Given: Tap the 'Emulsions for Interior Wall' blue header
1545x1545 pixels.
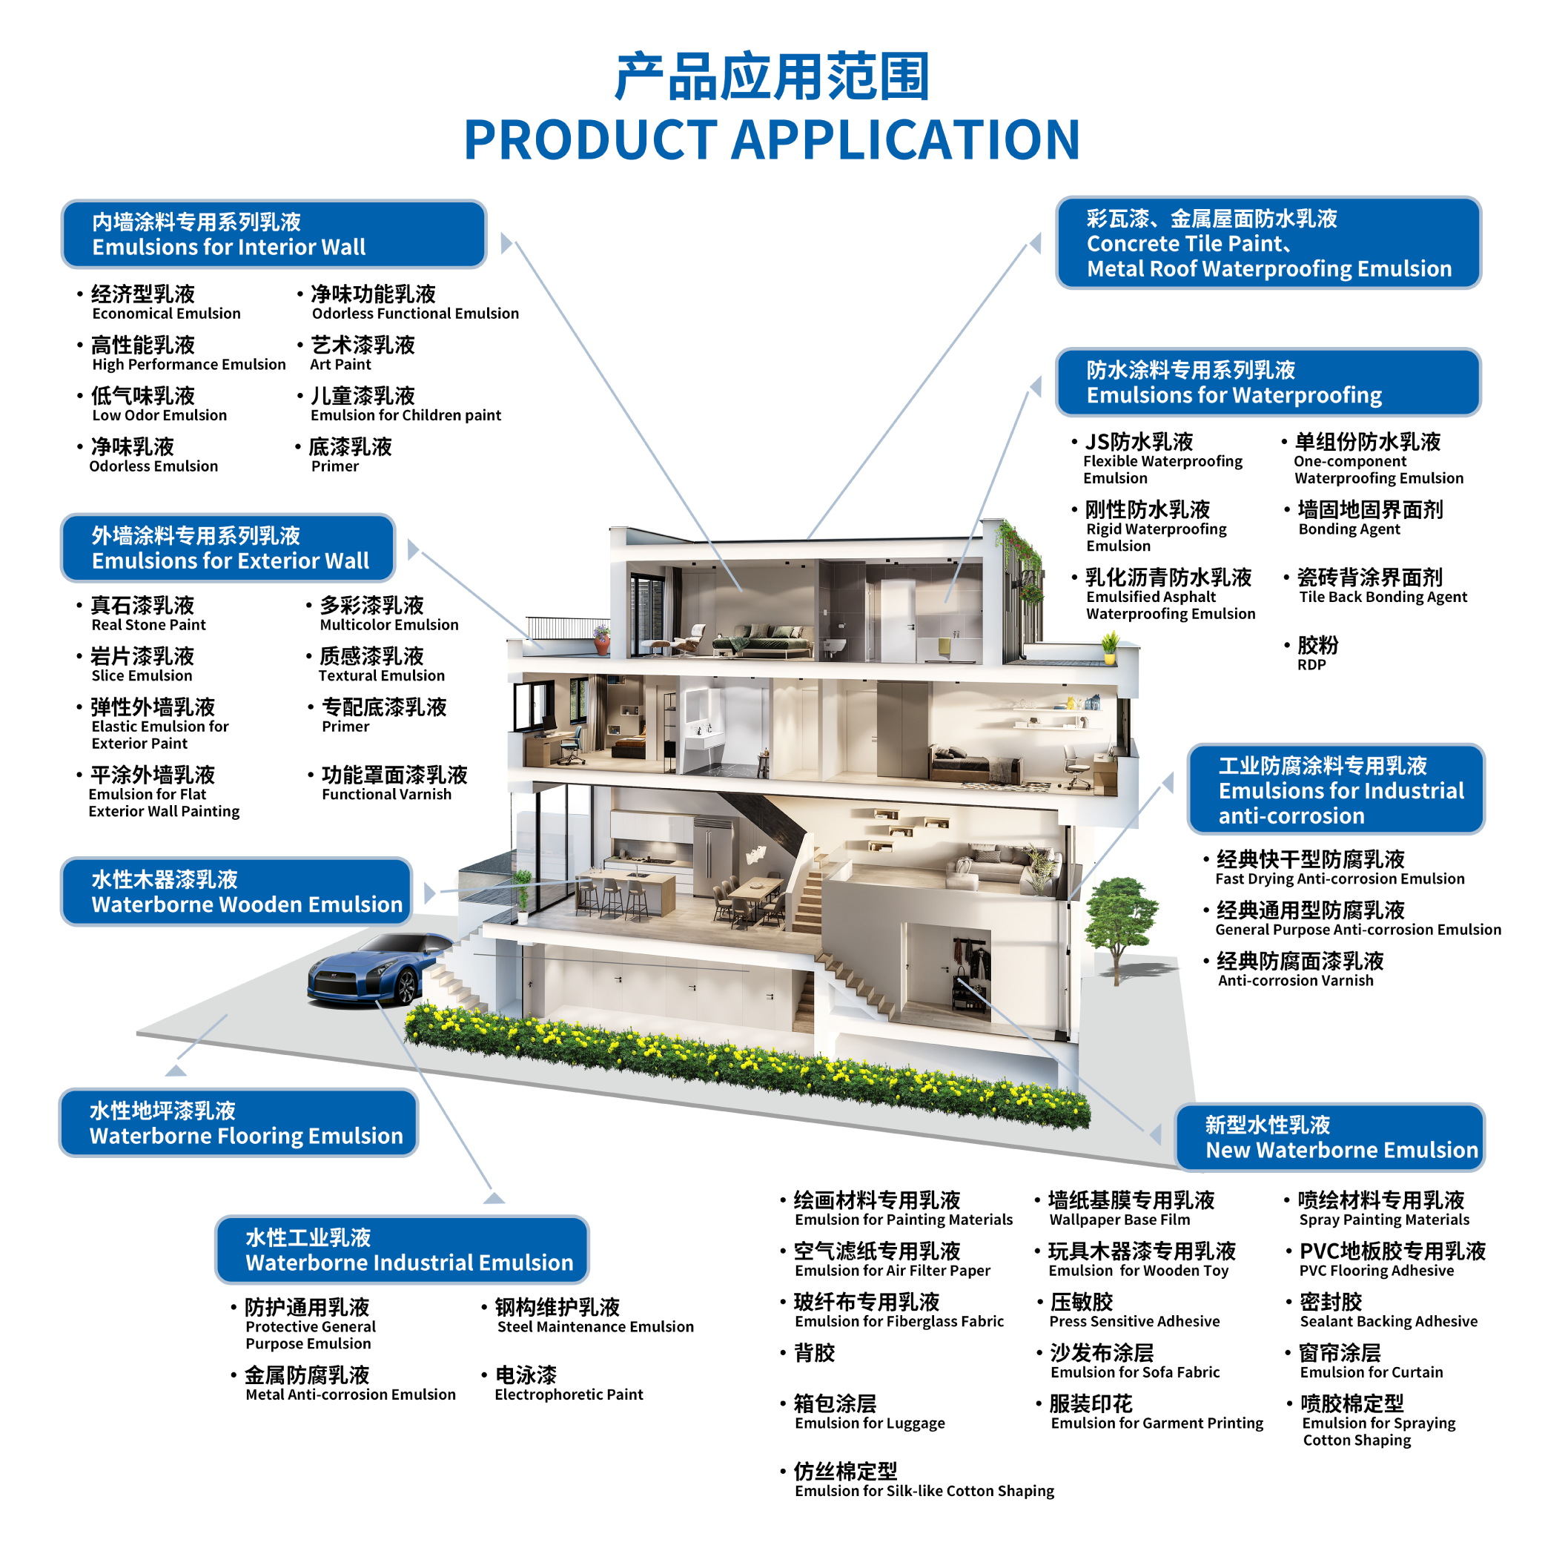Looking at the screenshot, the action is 274,234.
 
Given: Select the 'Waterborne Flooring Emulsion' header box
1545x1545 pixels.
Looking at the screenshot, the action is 238,1122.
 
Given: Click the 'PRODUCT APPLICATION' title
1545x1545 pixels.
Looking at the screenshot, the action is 772,139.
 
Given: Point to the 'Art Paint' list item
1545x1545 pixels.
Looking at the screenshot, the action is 341,365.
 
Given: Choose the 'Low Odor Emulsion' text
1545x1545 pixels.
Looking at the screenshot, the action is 160,415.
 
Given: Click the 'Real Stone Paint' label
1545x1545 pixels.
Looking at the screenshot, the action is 149,624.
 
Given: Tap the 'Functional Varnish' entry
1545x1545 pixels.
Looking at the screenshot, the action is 386,794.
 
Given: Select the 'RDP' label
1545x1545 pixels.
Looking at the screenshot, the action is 1311,664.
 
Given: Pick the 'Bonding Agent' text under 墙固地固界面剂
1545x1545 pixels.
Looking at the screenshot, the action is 1349,529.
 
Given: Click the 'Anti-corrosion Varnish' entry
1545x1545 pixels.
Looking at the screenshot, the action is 1295,980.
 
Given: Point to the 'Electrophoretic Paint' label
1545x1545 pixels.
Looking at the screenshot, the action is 569,1395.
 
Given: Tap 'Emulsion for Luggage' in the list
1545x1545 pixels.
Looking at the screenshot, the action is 870,1423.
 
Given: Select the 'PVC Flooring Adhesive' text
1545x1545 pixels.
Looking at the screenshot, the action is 1376,1271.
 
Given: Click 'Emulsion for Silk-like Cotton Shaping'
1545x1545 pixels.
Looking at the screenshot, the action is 924,1491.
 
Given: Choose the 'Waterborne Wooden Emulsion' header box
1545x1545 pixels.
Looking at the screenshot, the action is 236,892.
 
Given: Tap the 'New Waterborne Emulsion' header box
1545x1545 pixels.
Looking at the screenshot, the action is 1330,1137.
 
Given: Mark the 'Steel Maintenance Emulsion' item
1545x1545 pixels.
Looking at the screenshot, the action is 596,1327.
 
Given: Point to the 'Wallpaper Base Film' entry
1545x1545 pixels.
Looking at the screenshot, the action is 1119,1220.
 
